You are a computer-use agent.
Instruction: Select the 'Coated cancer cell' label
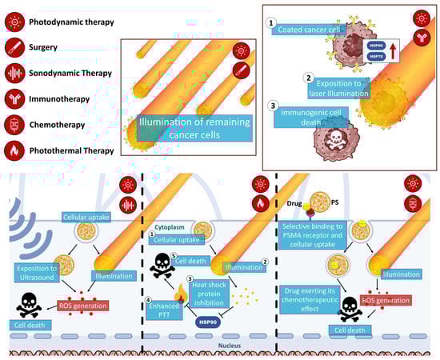pos(310,30)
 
